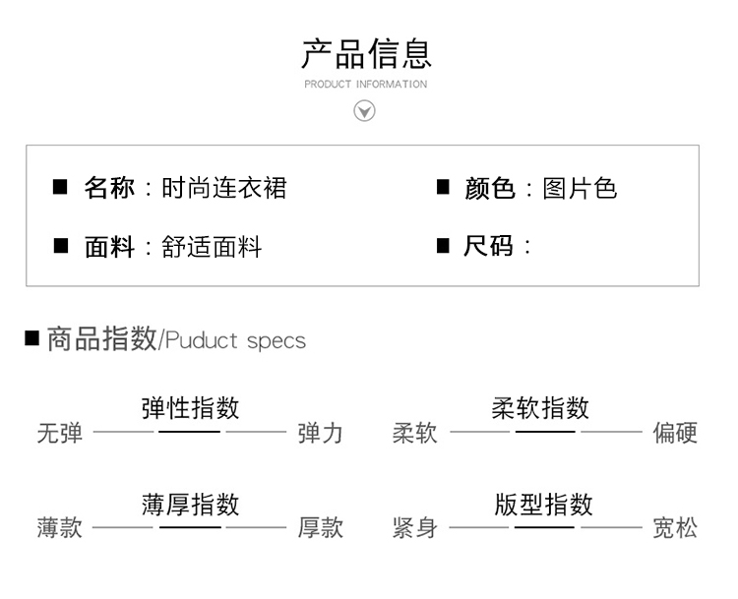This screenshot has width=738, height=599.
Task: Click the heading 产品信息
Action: click(367, 54)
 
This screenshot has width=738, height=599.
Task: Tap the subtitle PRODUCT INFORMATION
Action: click(366, 85)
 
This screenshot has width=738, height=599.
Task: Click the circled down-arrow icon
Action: click(364, 111)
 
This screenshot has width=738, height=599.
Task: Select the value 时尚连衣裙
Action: click(224, 188)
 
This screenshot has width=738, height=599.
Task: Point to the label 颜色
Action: click(489, 188)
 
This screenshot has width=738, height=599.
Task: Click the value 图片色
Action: click(580, 188)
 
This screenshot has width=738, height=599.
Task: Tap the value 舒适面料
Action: click(212, 247)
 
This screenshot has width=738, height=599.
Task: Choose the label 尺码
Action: click(488, 246)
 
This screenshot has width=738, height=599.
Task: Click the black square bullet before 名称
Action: click(60, 187)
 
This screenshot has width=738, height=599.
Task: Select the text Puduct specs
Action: click(236, 341)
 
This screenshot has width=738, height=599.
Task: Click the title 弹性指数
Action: click(190, 407)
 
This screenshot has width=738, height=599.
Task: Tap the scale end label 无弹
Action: click(60, 433)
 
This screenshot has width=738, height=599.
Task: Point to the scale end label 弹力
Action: click(320, 433)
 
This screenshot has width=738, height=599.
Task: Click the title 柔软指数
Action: click(540, 407)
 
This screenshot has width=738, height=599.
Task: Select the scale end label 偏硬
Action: click(675, 433)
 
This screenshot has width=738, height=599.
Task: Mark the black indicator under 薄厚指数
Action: click(190, 527)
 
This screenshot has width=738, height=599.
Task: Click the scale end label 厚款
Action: click(320, 527)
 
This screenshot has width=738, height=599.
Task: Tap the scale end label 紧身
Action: click(415, 527)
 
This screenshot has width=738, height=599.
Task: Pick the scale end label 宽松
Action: click(675, 527)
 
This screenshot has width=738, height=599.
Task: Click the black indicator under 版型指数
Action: click(544, 527)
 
